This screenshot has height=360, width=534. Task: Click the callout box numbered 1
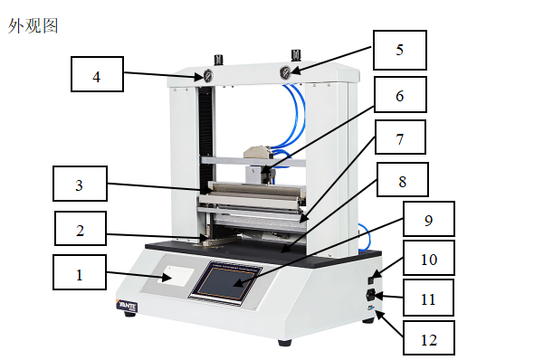point(80,272)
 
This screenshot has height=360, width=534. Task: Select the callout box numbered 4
point(97,74)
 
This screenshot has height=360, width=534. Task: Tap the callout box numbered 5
point(400,50)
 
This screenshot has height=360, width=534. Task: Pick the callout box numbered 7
point(400,137)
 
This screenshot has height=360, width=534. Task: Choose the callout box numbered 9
point(429,219)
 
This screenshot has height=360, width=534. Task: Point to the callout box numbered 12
point(429,337)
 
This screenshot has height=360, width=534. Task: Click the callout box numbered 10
point(429,258)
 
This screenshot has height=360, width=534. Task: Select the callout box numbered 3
point(80,184)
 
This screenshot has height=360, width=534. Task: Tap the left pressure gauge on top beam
point(208,76)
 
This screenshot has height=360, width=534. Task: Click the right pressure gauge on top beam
point(285,71)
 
